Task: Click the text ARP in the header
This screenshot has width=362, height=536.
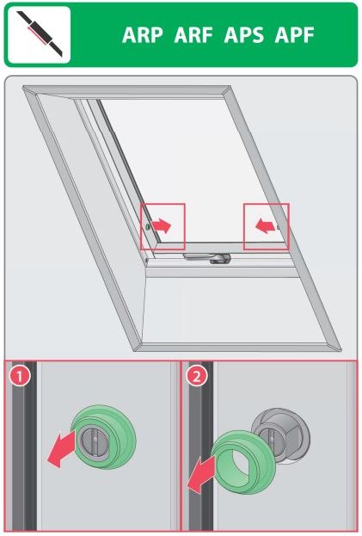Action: tap(143, 35)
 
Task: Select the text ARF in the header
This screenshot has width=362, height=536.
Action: tap(193, 35)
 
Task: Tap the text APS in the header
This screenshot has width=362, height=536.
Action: tap(244, 35)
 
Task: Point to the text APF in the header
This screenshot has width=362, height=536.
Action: tap(294, 35)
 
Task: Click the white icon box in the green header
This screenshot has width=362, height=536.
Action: tap(39, 35)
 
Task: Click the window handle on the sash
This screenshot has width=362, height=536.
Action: tap(207, 258)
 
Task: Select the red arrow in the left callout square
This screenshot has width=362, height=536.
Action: tap(161, 226)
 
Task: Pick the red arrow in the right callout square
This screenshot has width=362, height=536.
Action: tap(266, 226)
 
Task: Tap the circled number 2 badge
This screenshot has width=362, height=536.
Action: tap(196, 376)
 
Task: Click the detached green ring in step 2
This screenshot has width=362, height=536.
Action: tap(243, 462)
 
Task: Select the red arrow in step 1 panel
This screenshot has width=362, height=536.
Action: tap(61, 448)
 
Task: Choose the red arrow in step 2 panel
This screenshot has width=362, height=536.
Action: tap(201, 474)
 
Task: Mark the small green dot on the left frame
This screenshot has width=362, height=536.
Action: tap(147, 226)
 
